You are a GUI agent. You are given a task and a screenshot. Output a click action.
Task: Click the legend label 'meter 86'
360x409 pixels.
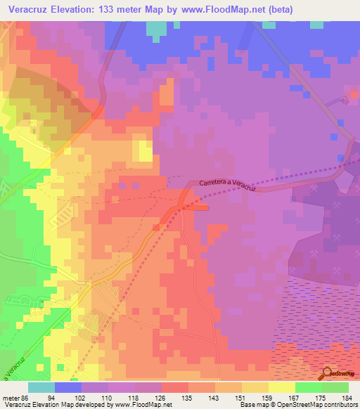pos(14,397)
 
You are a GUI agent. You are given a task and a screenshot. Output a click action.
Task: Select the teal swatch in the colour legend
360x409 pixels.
pos(41,387)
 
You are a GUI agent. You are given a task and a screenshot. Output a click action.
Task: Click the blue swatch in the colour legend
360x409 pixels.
pos(68,387)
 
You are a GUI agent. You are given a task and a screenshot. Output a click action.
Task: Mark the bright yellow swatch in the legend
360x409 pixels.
pos(281,387)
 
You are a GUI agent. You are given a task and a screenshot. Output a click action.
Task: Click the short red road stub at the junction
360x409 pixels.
pos(196,207)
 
